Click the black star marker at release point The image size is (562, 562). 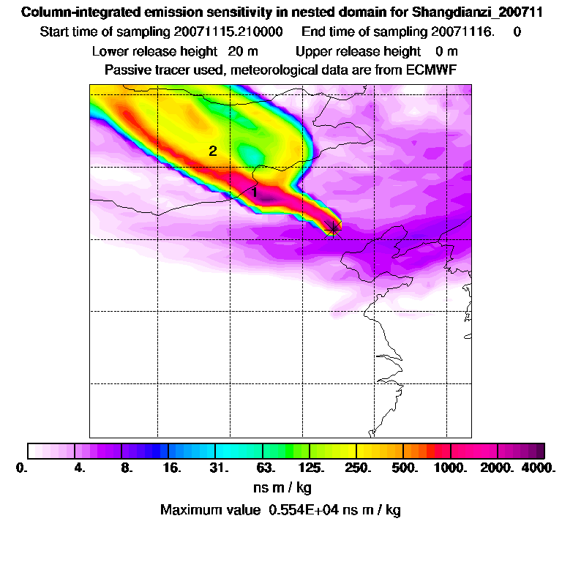click(x=334, y=228)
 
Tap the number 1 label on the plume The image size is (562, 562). click(x=254, y=192)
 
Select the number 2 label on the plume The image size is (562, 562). click(x=213, y=151)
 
